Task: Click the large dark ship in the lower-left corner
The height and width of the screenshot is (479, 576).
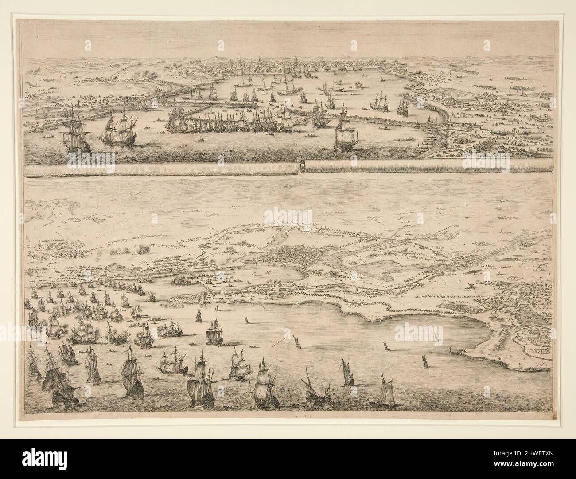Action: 54,384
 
